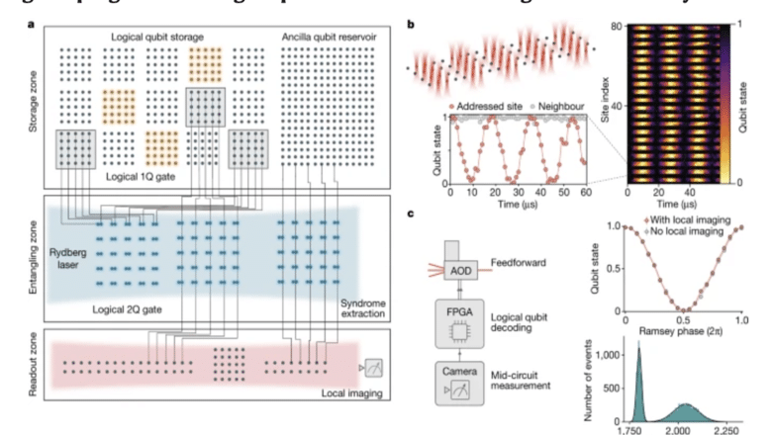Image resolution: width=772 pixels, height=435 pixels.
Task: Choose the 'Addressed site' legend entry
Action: click(x=500, y=104)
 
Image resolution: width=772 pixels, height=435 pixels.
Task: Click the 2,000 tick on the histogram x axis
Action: click(x=680, y=430)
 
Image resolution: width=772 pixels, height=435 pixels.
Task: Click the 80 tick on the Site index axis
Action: click(x=617, y=23)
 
